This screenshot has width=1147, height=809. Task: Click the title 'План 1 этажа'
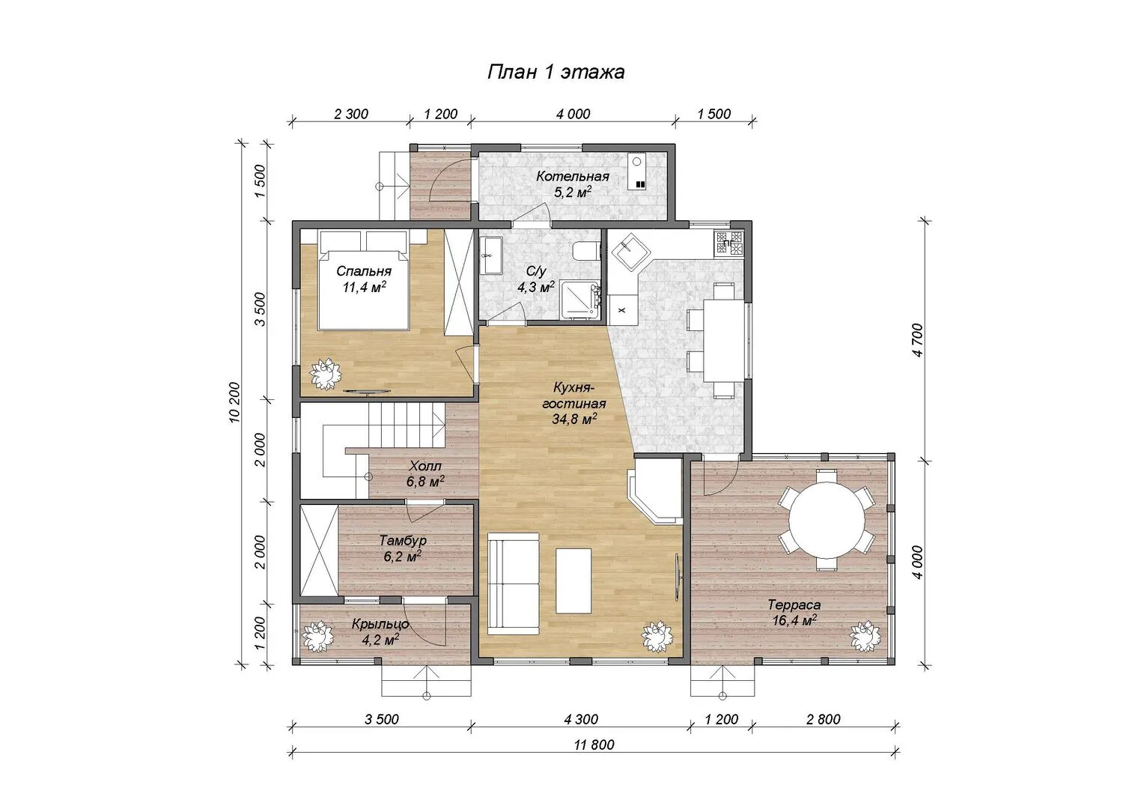[556, 72]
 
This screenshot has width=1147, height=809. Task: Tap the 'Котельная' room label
[573, 177]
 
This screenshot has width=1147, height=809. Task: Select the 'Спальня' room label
[364, 271]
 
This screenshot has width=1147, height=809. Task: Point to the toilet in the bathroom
[585, 251]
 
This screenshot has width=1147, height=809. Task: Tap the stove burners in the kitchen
[729, 243]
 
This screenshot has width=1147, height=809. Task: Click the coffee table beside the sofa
[573, 581]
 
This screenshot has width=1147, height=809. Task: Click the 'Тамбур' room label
[403, 541]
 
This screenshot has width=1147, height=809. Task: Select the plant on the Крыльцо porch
[318, 636]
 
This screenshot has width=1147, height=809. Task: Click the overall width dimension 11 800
[594, 744]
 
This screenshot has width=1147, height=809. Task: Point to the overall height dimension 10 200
[234, 402]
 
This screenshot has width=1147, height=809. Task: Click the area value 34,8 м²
[574, 419]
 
